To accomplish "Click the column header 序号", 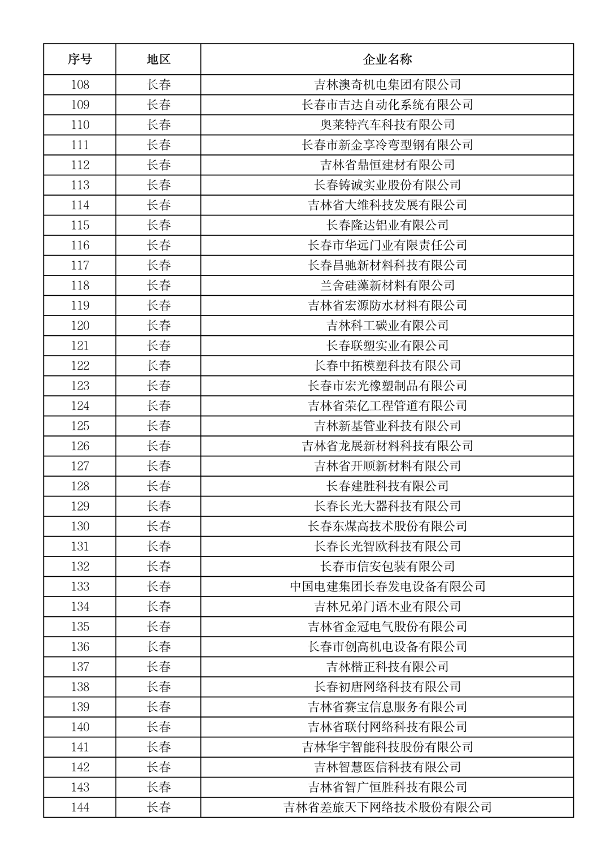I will [80, 59].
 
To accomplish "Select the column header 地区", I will [158, 59].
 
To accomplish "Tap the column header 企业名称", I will [387, 59].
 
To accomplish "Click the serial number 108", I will [80, 85].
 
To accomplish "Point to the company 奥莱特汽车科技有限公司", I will [387, 125].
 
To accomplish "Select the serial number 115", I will [80, 225].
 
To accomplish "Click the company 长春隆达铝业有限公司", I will [387, 225].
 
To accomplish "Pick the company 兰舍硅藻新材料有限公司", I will [387, 286].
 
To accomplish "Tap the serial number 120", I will [80, 326].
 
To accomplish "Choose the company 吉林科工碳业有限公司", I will [387, 326].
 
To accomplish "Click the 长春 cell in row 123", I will [159, 386].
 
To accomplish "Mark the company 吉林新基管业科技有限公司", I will [387, 426].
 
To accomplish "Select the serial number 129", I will [80, 506].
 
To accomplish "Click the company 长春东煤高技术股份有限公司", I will [387, 526].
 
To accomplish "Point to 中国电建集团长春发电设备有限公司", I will [387, 586].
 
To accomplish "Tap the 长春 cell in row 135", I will [159, 627].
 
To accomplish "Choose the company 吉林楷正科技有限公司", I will [387, 667].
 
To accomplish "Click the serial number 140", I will [80, 727].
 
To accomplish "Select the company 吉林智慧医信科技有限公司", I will [387, 767].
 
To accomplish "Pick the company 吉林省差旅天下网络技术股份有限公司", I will [387, 807].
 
